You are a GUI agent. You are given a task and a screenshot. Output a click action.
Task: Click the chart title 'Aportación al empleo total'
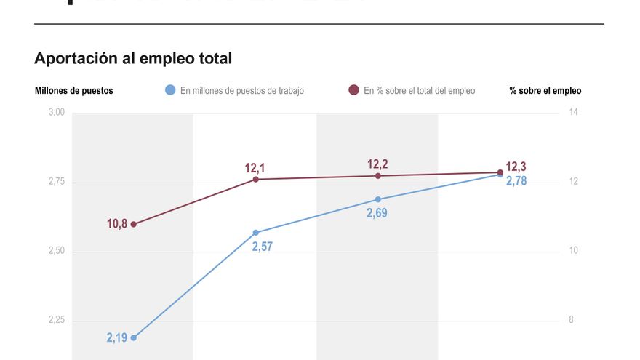133,58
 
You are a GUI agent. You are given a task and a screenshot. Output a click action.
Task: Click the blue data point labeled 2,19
134,338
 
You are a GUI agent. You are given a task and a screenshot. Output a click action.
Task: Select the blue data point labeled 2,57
256,233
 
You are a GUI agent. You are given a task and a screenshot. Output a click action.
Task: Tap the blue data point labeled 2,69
378,199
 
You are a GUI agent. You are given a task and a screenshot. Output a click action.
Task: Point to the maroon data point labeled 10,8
134,224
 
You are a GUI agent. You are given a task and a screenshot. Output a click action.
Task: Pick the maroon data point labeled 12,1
256,179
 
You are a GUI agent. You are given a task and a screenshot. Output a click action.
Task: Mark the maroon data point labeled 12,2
378,176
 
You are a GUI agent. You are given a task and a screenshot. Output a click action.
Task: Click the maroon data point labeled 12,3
500,172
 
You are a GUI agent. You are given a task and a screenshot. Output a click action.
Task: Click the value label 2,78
516,181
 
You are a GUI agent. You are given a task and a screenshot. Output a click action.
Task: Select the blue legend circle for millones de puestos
170,91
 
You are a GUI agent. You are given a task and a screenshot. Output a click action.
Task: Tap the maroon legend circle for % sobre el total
353,91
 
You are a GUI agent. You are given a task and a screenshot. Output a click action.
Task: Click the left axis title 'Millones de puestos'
73,91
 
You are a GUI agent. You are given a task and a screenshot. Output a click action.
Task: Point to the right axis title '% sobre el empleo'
545,91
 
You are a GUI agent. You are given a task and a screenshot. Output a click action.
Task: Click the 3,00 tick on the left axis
57,113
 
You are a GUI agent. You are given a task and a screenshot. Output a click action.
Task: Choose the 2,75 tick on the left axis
57,182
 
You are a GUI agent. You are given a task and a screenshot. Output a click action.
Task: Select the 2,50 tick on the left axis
57,251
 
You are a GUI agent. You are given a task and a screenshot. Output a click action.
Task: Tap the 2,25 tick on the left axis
57,321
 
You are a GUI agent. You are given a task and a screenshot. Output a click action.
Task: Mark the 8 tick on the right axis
571,321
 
